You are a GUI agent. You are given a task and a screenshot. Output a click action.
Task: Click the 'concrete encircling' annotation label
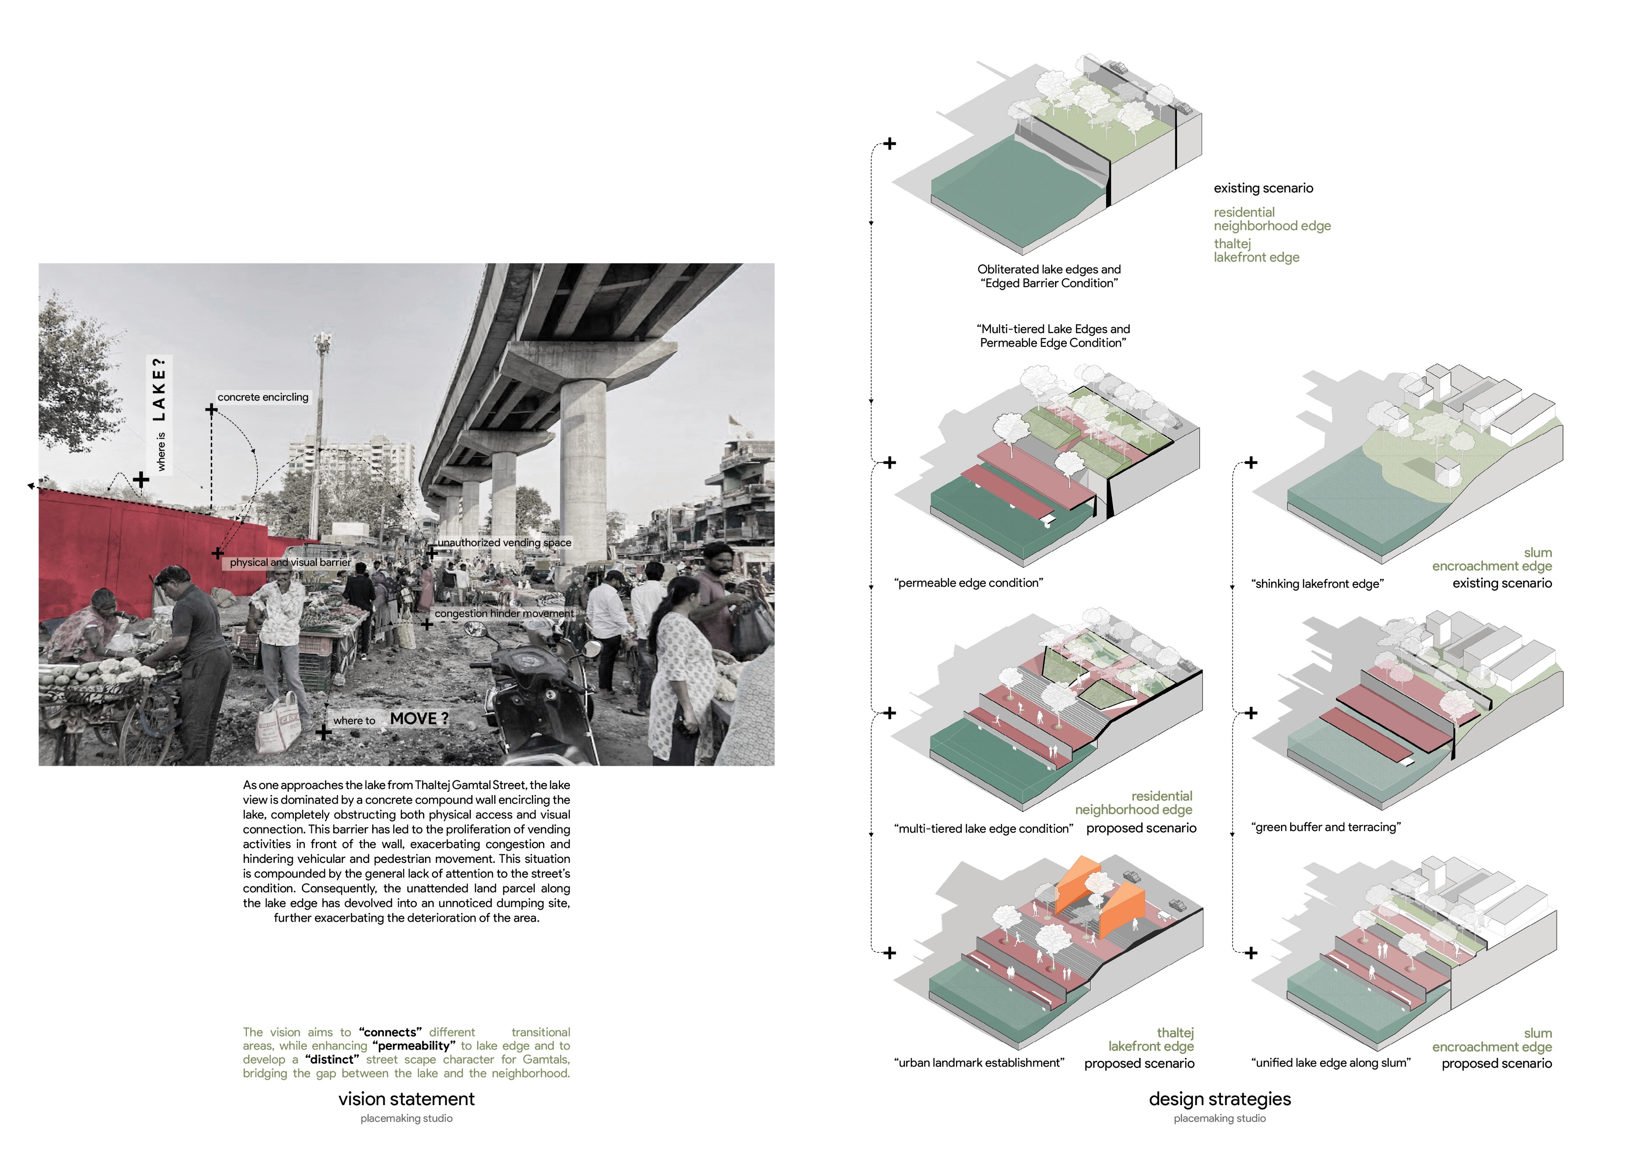(x=263, y=397)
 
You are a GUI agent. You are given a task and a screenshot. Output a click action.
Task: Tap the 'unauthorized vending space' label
(x=504, y=543)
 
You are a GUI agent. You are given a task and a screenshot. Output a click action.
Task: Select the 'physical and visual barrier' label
(x=290, y=563)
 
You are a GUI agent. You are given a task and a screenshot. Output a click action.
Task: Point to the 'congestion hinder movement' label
(x=504, y=614)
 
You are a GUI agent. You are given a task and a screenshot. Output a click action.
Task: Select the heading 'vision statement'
(x=406, y=1099)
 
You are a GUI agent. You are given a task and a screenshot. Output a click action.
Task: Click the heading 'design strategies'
(x=1219, y=1099)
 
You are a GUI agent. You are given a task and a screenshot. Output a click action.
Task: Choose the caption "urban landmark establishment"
(x=979, y=1063)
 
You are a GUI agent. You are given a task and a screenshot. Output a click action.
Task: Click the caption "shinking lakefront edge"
(x=1317, y=584)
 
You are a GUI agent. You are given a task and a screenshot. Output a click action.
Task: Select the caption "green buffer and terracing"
(x=1326, y=827)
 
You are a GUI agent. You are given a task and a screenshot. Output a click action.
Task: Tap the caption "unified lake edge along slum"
(x=1331, y=1063)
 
